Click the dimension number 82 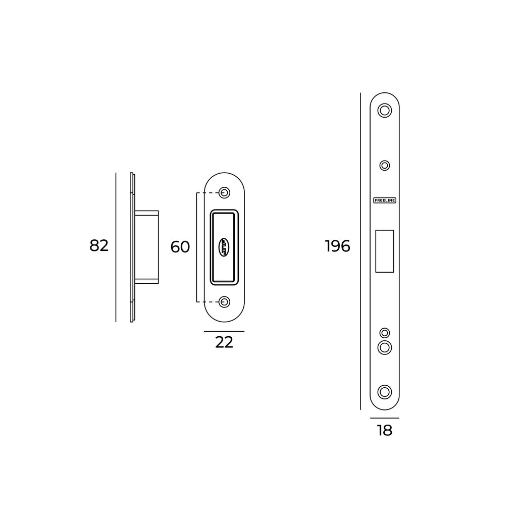tap(99, 246)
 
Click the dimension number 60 tap(180, 247)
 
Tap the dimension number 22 tap(224, 342)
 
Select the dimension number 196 tap(338, 246)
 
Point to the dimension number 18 tap(384, 431)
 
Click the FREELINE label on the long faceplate tap(385, 200)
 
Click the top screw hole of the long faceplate tap(385, 111)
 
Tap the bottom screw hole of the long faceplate tap(385, 391)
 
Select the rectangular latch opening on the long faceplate tap(385, 251)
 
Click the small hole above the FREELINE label tap(385, 165)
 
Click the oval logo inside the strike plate tap(224, 247)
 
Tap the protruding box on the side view tap(147, 247)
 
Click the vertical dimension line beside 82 tap(116, 247)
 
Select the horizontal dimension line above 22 tap(224, 332)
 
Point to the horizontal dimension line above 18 tap(384, 419)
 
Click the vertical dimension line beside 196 tap(360, 251)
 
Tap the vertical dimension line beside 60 tap(196, 247)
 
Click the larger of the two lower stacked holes tap(385, 347)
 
